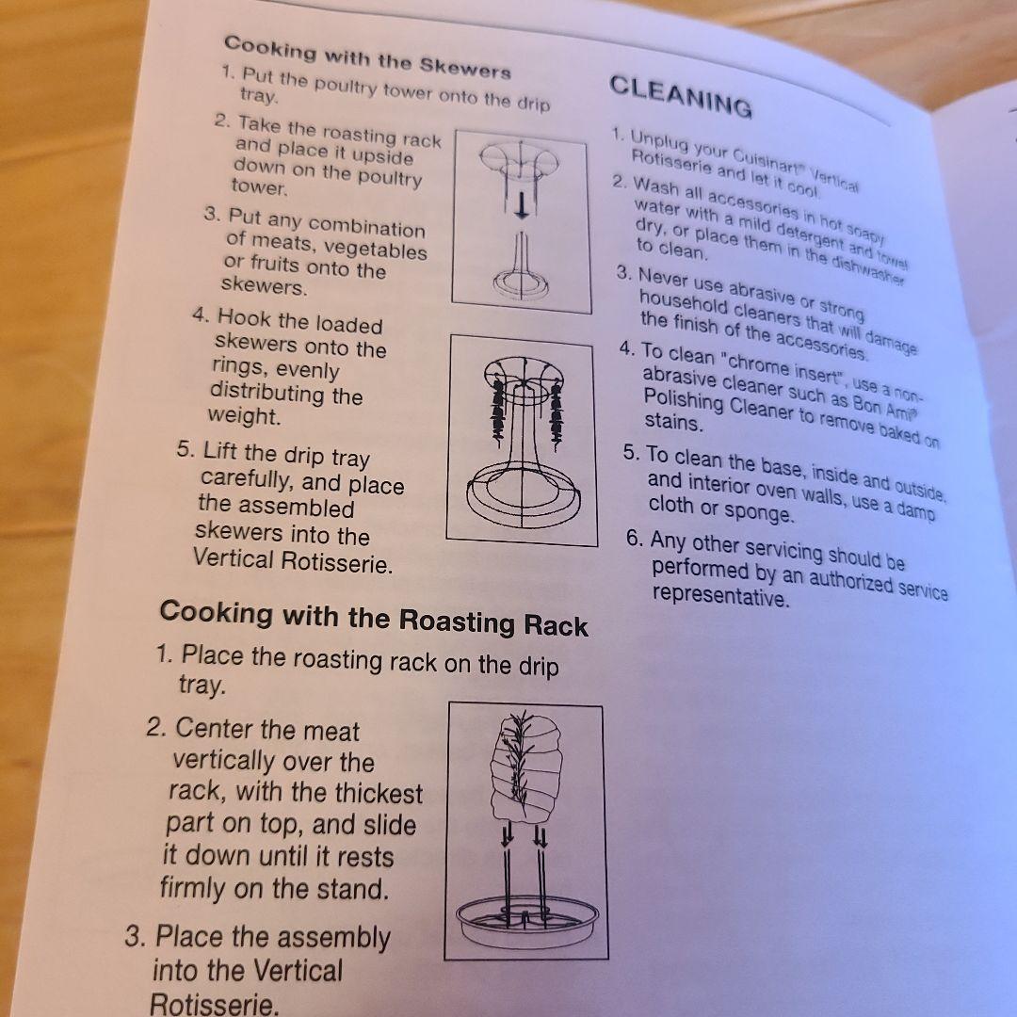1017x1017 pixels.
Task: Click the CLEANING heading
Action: point(681,96)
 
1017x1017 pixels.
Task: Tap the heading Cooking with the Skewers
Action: point(367,58)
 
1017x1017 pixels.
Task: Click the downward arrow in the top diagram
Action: point(522,205)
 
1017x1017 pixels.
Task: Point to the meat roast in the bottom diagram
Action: point(526,769)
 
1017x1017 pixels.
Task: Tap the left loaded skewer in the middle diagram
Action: point(498,409)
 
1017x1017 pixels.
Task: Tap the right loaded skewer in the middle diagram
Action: point(557,414)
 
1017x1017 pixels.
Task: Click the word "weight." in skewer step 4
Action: point(245,416)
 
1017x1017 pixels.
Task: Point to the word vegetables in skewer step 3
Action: point(376,249)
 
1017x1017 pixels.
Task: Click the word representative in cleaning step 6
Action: point(721,596)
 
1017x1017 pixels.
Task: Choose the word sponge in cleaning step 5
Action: point(758,513)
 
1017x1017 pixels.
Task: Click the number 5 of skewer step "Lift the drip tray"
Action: point(185,449)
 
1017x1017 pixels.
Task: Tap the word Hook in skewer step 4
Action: point(244,318)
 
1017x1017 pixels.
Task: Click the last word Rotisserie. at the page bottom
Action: point(215,1004)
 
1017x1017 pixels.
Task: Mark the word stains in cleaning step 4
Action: point(674,422)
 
